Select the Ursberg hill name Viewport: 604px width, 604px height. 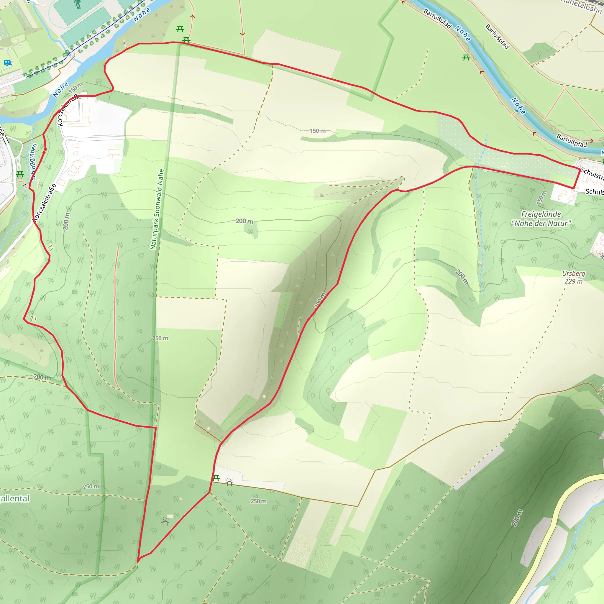click(x=573, y=274)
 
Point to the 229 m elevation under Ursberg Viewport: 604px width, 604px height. click(x=573, y=281)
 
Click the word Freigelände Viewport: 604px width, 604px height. click(x=541, y=214)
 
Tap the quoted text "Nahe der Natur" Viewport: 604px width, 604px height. click(x=541, y=224)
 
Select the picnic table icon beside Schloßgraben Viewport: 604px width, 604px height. click(x=20, y=174)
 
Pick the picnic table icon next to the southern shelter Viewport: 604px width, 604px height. click(x=216, y=478)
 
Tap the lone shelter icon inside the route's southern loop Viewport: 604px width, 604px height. click(x=165, y=521)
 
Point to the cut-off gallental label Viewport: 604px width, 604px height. click(x=15, y=498)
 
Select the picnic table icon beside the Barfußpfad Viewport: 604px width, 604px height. click(x=466, y=58)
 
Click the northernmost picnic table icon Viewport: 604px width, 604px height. click(x=180, y=29)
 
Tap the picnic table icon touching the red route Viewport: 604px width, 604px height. click(x=186, y=40)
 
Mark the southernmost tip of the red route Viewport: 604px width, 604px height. click(x=138, y=561)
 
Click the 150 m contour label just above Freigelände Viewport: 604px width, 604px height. click(x=542, y=198)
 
